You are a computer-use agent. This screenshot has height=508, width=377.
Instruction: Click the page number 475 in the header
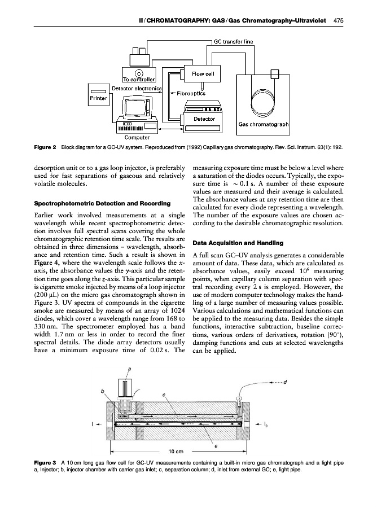tap(338, 20)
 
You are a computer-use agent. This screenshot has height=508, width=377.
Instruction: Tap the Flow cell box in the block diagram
tap(203, 73)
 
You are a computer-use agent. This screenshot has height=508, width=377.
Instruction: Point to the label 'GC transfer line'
tap(234, 41)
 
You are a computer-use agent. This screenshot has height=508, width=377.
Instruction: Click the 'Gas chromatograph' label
tap(264, 124)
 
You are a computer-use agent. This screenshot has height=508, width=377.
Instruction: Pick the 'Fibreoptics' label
tap(191, 93)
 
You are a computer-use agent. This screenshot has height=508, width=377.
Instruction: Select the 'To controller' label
tap(139, 80)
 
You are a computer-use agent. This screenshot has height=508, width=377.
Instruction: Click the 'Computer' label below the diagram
tap(137, 137)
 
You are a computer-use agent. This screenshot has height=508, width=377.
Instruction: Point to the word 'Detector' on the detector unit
tap(204, 119)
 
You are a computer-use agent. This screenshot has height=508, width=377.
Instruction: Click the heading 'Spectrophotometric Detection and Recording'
tap(102, 203)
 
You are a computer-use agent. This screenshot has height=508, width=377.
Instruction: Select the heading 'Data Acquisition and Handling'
tap(238, 243)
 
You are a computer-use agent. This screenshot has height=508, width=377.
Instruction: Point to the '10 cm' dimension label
tap(176, 452)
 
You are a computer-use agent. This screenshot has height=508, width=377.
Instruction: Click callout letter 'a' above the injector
tap(130, 369)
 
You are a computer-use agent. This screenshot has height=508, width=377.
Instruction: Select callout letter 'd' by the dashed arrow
tap(285, 382)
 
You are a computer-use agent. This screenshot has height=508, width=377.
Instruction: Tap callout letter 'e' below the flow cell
tap(216, 446)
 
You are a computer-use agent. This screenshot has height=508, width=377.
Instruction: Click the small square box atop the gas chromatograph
tap(275, 74)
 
